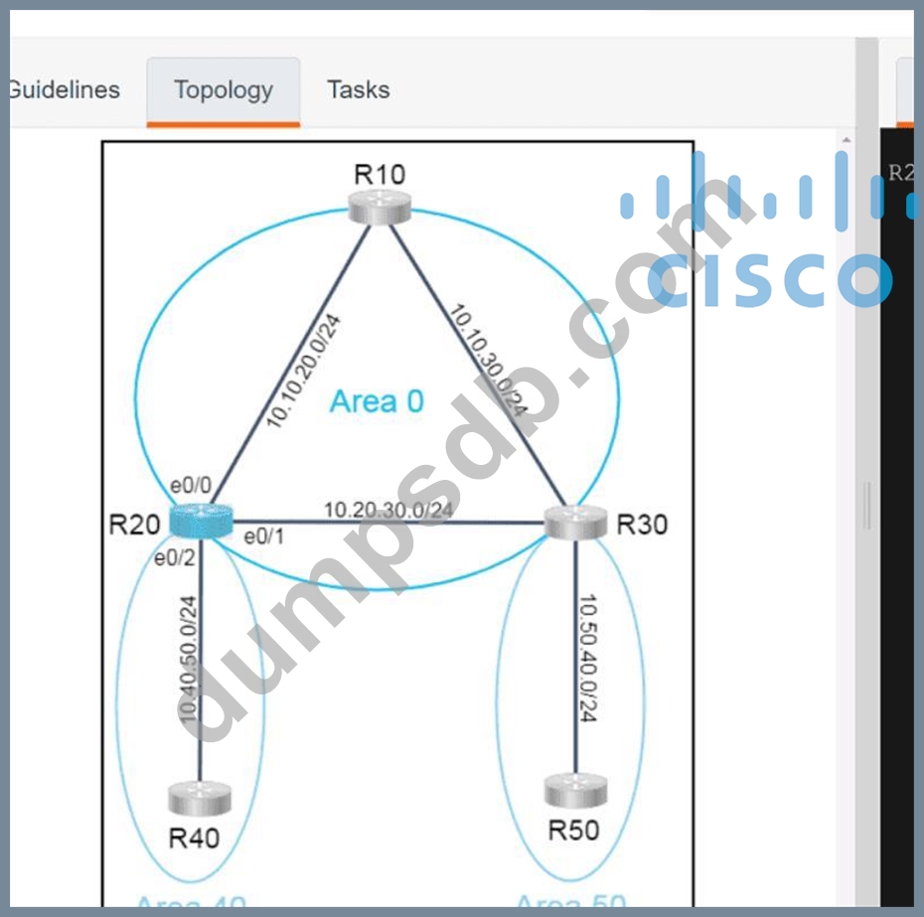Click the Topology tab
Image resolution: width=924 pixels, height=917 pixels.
coord(223,90)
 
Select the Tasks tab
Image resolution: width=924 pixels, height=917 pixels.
coord(358,90)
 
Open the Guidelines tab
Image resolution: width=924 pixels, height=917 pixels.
coord(63,90)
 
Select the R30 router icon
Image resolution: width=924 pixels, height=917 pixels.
coord(576,523)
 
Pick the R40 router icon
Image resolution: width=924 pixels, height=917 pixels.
coord(199,798)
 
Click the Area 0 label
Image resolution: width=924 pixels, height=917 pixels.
coord(377,401)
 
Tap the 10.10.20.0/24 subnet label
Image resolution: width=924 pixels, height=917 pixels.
coord(304,372)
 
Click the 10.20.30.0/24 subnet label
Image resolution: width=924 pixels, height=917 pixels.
coord(387,510)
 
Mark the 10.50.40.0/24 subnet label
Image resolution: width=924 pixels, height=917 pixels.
coord(586,660)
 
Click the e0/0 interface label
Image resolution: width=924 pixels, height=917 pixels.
coord(190,486)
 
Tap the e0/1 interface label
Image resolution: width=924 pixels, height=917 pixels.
coord(264,537)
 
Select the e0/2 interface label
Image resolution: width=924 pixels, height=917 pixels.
coord(174,557)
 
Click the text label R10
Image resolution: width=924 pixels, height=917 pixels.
coord(380,175)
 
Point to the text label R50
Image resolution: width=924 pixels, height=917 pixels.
coord(574,830)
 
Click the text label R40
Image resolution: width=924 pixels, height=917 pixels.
coord(194,838)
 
